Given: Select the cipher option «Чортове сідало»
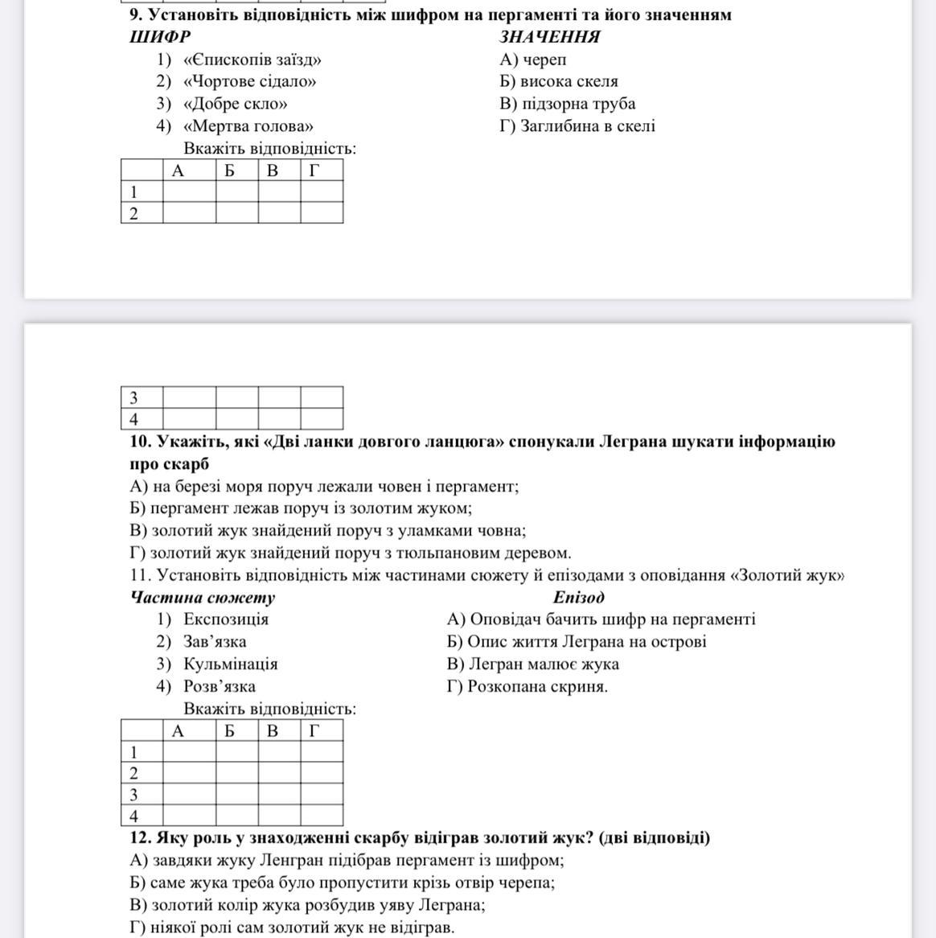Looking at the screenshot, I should pyautogui.click(x=249, y=81).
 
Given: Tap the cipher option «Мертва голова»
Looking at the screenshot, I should pyautogui.click(x=248, y=125).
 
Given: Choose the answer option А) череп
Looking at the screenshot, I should pyautogui.click(x=532, y=60).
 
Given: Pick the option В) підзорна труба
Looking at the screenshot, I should pyautogui.click(x=567, y=104).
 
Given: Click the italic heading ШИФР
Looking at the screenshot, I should pyautogui.click(x=160, y=37).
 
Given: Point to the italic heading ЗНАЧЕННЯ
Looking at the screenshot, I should pyautogui.click(x=550, y=37).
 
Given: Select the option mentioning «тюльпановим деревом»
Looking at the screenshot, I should pyautogui.click(x=350, y=553).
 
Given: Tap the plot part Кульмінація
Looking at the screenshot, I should pyautogui.click(x=230, y=664).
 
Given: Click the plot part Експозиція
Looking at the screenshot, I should pyautogui.click(x=225, y=619).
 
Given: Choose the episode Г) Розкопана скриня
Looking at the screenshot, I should pyautogui.click(x=528, y=687).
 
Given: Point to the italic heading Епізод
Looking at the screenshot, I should pyautogui.click(x=578, y=597).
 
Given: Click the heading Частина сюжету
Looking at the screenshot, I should pyautogui.click(x=202, y=597).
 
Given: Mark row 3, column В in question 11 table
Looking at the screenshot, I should pyautogui.click(x=279, y=794).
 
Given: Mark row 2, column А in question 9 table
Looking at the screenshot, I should pyautogui.click(x=189, y=212).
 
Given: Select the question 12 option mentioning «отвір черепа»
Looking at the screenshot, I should pyautogui.click(x=342, y=882).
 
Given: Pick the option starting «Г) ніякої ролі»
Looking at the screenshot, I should pyautogui.click(x=292, y=928).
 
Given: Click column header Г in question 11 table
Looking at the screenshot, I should pyautogui.click(x=314, y=730).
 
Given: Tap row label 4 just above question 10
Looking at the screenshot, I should pyautogui.click(x=133, y=419).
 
